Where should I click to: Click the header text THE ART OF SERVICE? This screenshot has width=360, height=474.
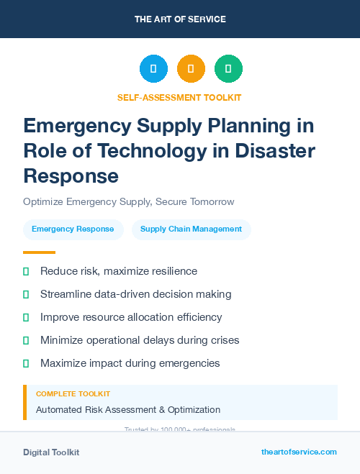point(179,19)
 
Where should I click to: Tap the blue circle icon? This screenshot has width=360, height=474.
point(153,68)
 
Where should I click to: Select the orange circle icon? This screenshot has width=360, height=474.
point(191,68)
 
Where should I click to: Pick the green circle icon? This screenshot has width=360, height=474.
point(228,68)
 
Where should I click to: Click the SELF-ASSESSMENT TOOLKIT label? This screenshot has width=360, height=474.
point(179,97)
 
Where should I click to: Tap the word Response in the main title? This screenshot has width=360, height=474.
point(71,175)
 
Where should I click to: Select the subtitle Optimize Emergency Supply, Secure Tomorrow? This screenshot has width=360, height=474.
point(128,201)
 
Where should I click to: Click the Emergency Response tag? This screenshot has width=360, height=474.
point(73,229)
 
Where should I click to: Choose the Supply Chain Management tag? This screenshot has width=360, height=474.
point(191,229)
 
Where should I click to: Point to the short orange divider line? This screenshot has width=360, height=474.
point(39,252)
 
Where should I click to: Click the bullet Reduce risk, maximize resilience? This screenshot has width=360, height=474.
point(119,271)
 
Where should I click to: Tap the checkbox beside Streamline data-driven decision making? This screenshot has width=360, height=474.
point(26,294)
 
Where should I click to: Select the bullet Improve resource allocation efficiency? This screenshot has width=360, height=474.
point(131,317)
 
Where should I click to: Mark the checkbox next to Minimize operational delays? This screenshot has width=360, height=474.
point(26,340)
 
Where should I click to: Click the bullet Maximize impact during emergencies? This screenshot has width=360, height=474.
point(130,363)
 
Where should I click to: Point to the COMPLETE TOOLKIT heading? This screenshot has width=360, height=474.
point(73,394)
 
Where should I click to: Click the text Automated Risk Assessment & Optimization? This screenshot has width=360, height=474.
point(128,410)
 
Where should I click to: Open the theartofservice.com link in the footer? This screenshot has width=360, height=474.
point(299,452)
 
